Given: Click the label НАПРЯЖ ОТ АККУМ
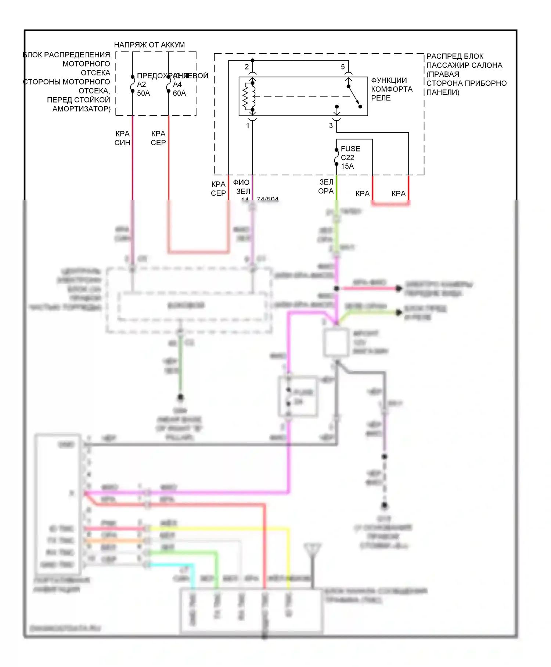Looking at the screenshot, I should (x=149, y=45).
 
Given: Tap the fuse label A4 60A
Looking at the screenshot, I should (x=179, y=89).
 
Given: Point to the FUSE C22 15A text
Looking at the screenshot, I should (x=350, y=157).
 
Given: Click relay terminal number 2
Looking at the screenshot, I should (x=247, y=67).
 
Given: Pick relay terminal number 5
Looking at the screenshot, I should (x=343, y=67).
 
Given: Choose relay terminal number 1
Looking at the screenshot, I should (x=248, y=126).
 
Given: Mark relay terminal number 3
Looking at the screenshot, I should (x=331, y=126).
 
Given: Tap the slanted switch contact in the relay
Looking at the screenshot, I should (x=354, y=97).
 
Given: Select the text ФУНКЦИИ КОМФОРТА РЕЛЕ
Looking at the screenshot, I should (x=392, y=89).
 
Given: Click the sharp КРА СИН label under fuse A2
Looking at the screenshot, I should (x=122, y=138).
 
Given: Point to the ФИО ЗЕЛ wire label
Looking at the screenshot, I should (x=242, y=187).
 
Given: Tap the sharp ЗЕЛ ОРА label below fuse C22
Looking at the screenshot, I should (x=326, y=187).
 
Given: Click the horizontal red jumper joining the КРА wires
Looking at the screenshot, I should (x=390, y=204).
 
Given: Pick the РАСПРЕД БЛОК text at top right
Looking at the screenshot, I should (x=454, y=57).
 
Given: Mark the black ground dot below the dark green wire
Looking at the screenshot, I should (x=180, y=397).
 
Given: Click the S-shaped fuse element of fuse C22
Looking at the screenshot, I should (x=336, y=157).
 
